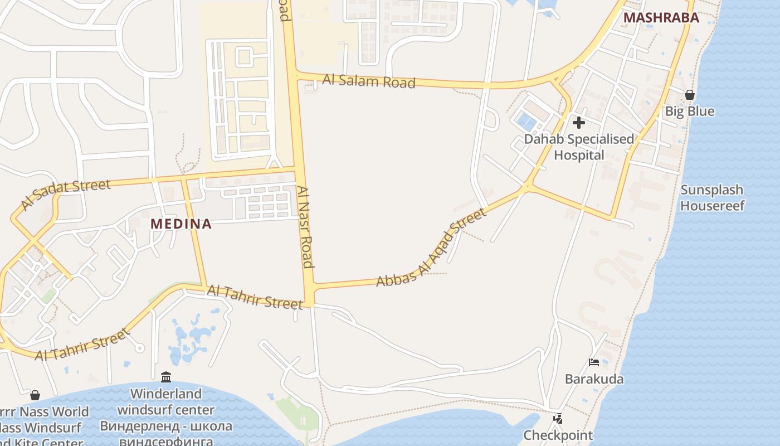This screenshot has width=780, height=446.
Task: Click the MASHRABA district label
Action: point(661,18)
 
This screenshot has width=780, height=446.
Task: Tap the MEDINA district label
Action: point(181,224)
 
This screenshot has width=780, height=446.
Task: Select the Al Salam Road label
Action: point(369,81)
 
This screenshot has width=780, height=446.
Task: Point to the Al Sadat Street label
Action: point(66,193)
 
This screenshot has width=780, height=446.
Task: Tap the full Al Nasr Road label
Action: point(305,227)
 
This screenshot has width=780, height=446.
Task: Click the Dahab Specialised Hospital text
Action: point(579,147)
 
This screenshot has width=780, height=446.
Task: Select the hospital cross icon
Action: point(579,123)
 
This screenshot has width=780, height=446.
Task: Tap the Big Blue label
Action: point(689,111)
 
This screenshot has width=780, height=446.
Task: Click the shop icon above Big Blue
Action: point(690,95)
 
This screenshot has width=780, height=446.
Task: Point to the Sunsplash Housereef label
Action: point(712,198)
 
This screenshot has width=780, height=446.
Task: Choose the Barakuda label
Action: point(594,379)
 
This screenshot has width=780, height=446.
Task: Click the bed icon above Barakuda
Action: point(594,362)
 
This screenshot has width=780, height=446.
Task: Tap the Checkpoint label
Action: point(558,435)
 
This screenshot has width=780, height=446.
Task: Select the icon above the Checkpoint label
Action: point(558,418)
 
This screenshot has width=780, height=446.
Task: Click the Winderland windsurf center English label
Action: point(165,402)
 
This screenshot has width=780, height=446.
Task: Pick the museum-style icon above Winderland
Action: point(165,377)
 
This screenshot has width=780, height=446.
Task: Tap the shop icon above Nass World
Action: point(35,395)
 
